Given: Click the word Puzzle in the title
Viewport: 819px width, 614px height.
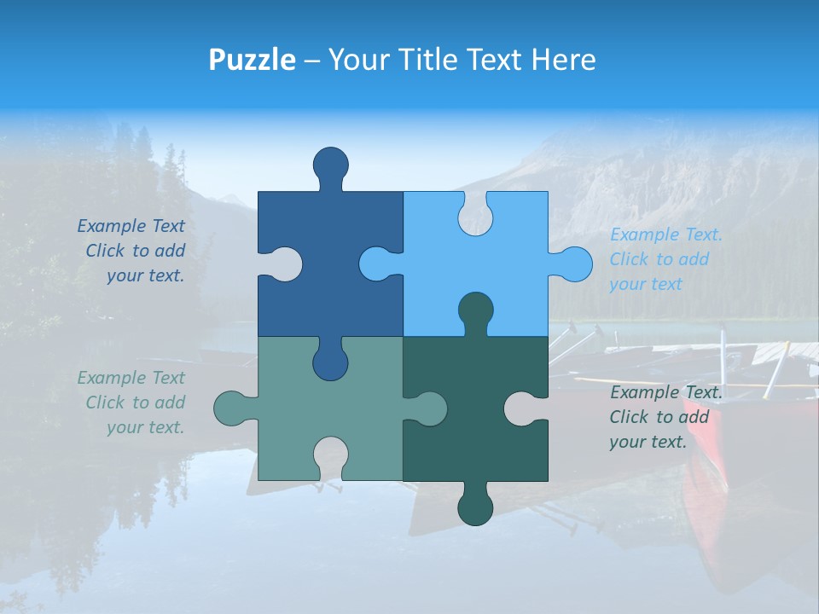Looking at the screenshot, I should coord(253,60).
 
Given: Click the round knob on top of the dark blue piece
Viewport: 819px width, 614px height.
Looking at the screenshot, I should coord(331,164).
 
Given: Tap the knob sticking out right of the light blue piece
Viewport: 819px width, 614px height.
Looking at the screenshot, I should coord(572,264).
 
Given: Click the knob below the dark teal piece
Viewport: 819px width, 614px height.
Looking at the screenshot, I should coord(475,508).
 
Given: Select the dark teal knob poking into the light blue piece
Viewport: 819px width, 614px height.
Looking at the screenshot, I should coord(475,310).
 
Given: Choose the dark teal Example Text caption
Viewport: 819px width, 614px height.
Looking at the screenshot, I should coord(665,417).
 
